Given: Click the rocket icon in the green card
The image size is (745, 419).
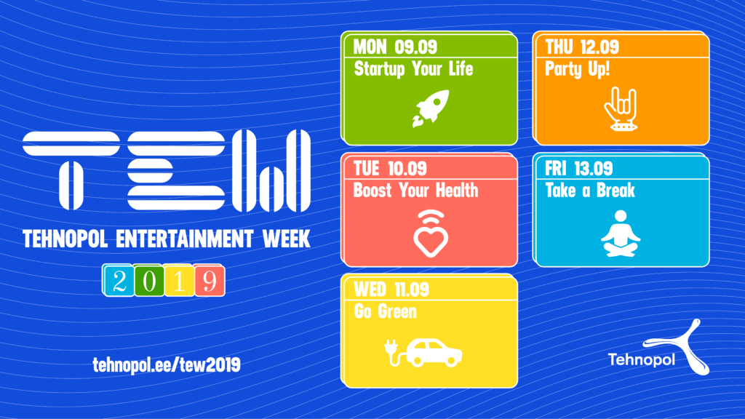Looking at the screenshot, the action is pos(431,108).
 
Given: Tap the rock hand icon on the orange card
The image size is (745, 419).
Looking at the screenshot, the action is pos(621,109).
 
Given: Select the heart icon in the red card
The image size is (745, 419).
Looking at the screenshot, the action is pos(431,234).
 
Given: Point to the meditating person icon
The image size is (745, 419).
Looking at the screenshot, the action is pos(621,234).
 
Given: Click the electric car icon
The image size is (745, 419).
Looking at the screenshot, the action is pos(423,353).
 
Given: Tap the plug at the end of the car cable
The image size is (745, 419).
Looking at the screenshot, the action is pos(391,347).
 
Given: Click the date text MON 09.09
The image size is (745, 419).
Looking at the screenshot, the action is pos(395,47).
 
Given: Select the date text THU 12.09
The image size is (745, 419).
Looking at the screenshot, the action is pos(582,47).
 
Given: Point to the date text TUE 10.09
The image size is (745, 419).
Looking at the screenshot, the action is pos(390,169).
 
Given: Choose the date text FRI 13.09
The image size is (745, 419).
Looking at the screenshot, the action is pos(578,169).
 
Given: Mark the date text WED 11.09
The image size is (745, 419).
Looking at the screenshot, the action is pos(391,290).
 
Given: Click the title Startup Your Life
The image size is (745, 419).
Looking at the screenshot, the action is pos(413,69).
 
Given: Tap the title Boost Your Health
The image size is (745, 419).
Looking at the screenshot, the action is pos(415,191).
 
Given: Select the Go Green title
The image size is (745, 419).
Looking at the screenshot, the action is pos(386,311).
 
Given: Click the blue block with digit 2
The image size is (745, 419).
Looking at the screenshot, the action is pos(119,280).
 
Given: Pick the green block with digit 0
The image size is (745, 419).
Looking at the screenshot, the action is pos(148,280).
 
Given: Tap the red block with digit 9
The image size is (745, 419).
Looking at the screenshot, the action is pos(209,280).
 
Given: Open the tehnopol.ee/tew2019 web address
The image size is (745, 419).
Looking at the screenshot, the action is pos(167,365).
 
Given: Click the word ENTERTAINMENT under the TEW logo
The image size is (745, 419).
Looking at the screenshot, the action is pos(185,239).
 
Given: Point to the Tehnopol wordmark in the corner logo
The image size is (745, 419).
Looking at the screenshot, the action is pos(641,359).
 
